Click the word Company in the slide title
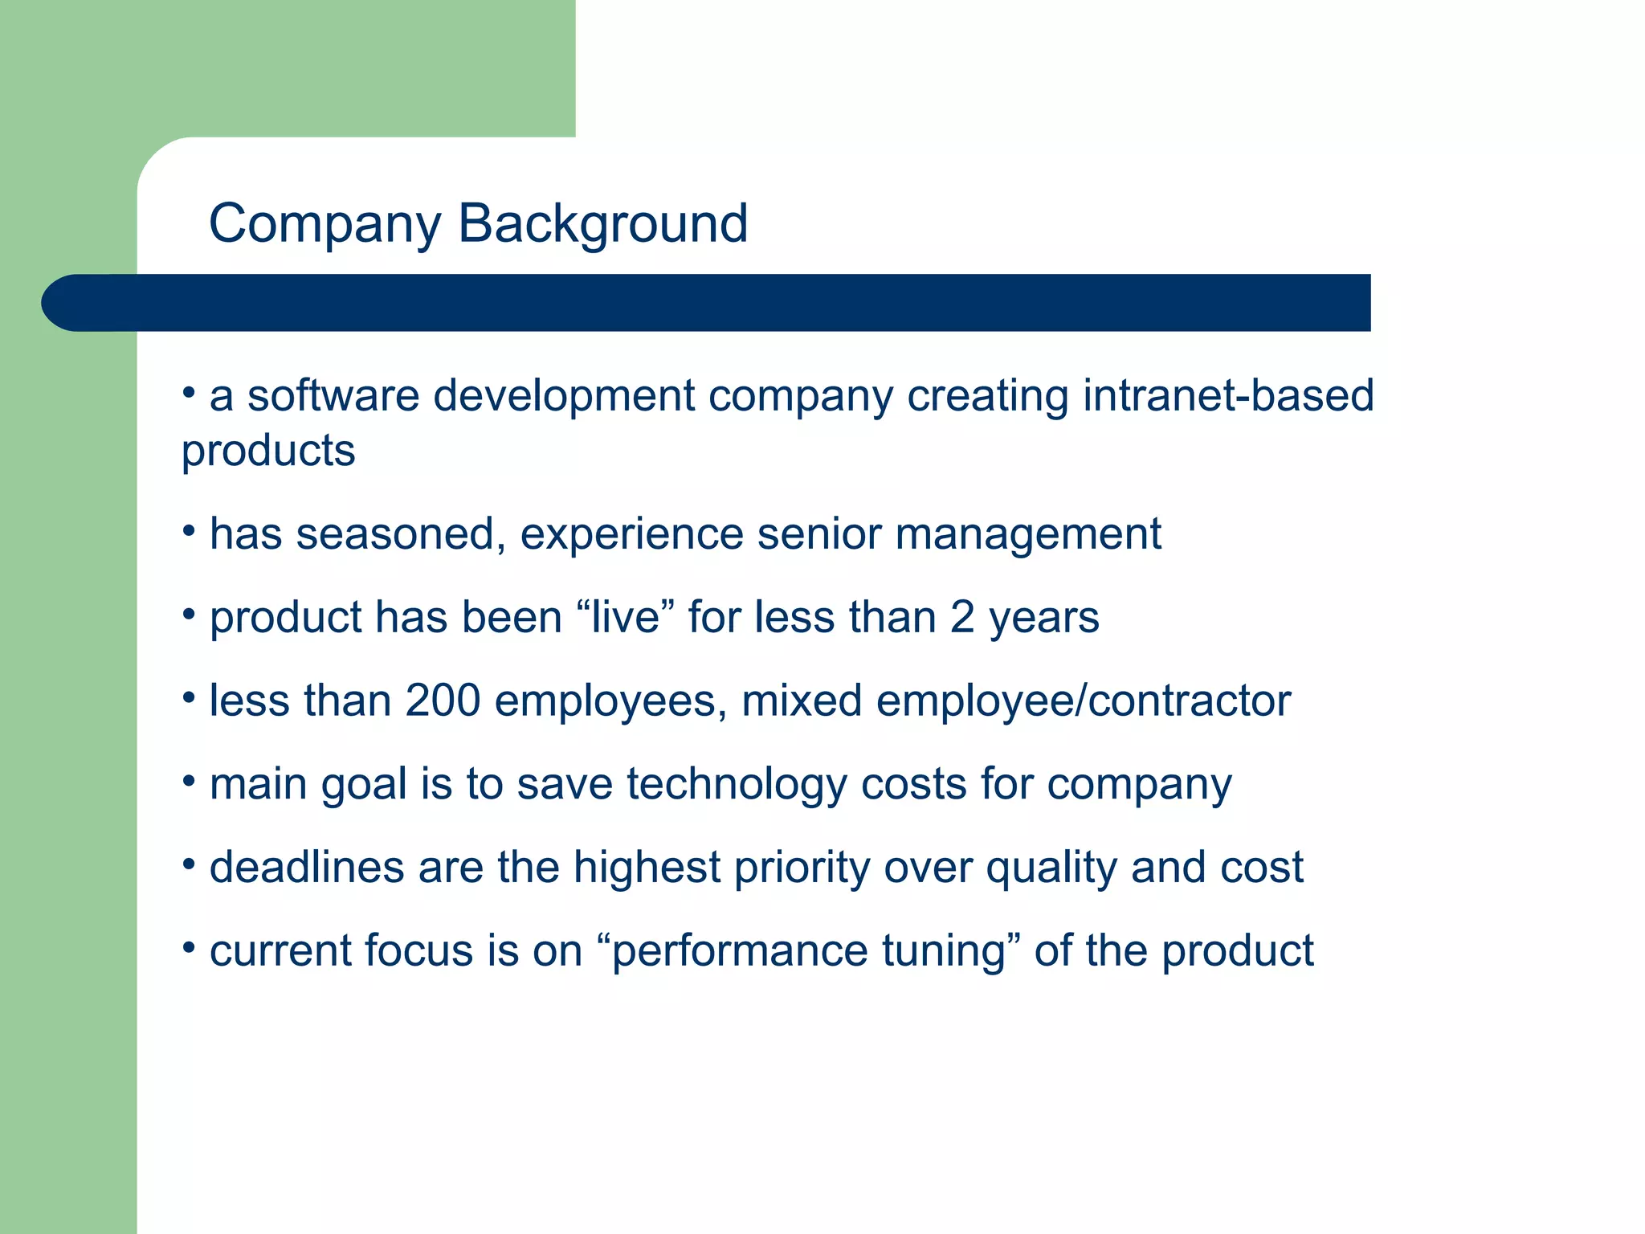(x=325, y=224)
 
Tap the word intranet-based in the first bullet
(x=1228, y=395)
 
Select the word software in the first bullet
(x=333, y=395)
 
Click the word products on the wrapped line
(x=268, y=451)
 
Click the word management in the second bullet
(x=1028, y=534)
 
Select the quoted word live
(x=625, y=617)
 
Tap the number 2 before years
(x=962, y=617)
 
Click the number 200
(x=443, y=701)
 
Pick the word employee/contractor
(x=1084, y=701)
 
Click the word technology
(x=737, y=784)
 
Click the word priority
(x=802, y=868)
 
